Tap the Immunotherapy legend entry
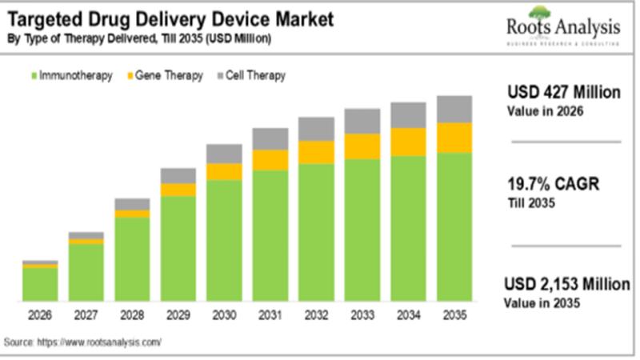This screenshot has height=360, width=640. point(71,75)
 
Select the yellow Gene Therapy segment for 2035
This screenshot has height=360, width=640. point(454,138)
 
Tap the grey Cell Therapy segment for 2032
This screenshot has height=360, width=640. point(316,129)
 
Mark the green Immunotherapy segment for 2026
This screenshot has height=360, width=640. point(40,284)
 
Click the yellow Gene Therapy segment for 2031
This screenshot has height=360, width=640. point(270,160)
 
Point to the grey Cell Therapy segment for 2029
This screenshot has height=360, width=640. point(178,175)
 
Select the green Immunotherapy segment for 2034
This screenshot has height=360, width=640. point(408,228)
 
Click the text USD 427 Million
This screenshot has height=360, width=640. point(563,93)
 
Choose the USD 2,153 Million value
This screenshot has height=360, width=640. point(566,285)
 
